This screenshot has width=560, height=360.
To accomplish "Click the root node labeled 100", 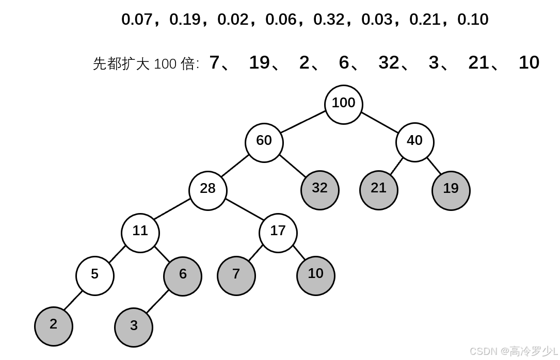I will pos(344,105).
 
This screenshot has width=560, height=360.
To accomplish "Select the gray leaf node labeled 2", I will pos(54,326).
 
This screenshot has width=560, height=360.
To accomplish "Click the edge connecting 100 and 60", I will pos(303,122).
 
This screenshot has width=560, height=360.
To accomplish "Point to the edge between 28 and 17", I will pos(243,208).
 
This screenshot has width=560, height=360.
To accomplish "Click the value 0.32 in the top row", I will pos(329,20).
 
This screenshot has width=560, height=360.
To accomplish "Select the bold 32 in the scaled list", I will pos(389,62).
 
